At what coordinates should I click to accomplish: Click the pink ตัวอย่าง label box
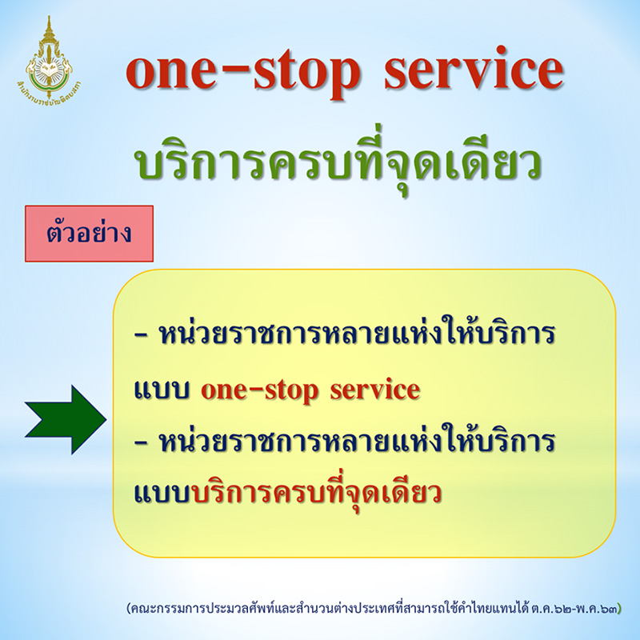89,234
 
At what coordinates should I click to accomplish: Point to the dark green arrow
66,418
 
